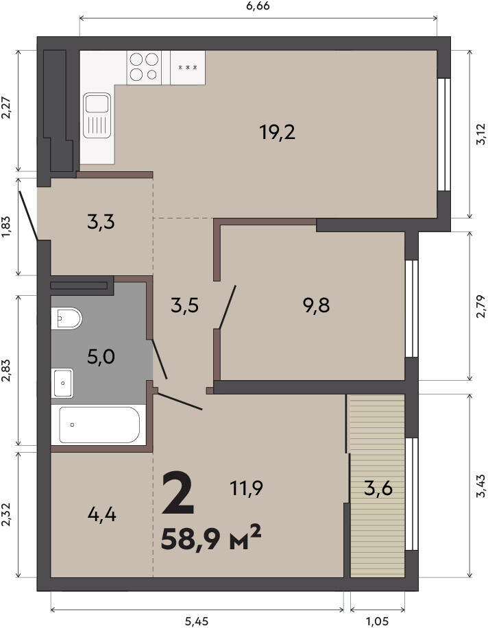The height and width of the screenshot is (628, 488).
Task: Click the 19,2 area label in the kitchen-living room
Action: tap(278, 132)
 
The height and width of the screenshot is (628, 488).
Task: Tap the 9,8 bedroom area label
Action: tap(317, 305)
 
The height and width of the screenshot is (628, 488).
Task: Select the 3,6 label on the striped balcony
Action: tap(378, 488)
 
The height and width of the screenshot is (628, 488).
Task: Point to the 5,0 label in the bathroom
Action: tap(101, 356)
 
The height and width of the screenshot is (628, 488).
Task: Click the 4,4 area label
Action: tap(102, 514)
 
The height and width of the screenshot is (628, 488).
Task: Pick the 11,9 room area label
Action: tap(246, 488)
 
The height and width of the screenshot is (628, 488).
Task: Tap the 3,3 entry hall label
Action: tap(101, 221)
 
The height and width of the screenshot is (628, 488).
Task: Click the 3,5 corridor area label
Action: tap(185, 306)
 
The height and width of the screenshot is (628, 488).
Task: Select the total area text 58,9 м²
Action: tap(211, 538)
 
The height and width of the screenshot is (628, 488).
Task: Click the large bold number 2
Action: tap(178, 493)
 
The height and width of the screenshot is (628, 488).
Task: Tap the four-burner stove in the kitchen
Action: tap(144, 67)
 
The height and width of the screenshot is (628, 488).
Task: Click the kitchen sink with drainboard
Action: tap(97, 115)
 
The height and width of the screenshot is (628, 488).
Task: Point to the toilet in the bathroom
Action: tap(66, 318)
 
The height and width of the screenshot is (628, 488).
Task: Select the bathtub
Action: tap(98, 425)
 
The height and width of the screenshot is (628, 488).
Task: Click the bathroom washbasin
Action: tap(62, 383)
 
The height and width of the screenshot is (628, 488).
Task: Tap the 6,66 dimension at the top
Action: tap(258, 6)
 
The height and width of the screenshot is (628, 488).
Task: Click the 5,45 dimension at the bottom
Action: tap(197, 621)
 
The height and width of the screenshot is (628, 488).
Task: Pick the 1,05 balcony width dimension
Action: tap(378, 621)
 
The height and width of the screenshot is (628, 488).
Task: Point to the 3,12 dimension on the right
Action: tap(480, 134)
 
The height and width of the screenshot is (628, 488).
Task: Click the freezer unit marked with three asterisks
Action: tap(188, 67)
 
